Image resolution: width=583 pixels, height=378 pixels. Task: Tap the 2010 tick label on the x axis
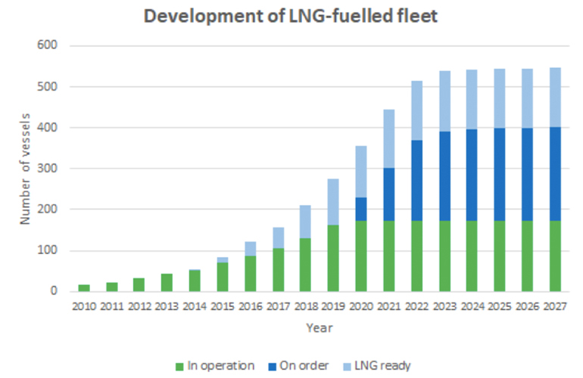[83, 307]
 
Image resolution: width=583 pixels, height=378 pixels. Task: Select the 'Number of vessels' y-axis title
[25, 168]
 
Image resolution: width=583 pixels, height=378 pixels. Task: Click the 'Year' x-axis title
[318, 328]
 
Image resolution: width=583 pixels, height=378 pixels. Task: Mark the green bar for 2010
[83, 287]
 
